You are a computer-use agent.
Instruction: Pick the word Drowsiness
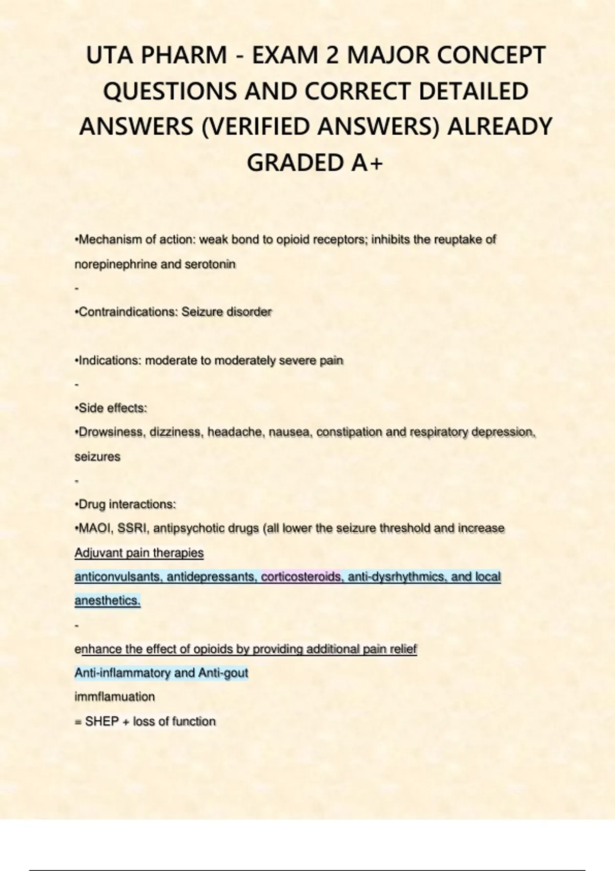(109, 432)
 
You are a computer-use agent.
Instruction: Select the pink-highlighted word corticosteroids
(301, 577)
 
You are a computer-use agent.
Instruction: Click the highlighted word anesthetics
(107, 600)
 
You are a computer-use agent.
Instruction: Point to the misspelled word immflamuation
(114, 697)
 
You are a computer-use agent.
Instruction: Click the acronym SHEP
(101, 721)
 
